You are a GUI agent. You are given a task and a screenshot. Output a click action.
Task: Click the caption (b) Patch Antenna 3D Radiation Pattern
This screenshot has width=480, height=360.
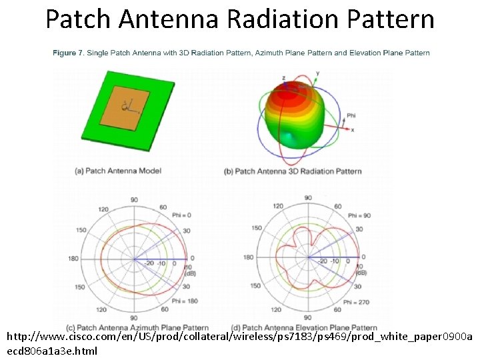click(x=293, y=171)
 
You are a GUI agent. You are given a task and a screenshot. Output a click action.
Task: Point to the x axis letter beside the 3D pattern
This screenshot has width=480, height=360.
click(x=352, y=130)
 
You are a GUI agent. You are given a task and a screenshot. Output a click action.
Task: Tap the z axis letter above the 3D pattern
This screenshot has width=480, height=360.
click(x=283, y=78)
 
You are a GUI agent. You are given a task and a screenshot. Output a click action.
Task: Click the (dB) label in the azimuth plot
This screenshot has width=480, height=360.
click(x=188, y=273)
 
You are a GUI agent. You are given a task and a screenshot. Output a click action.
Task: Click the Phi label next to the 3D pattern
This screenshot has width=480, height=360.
click(x=351, y=116)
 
